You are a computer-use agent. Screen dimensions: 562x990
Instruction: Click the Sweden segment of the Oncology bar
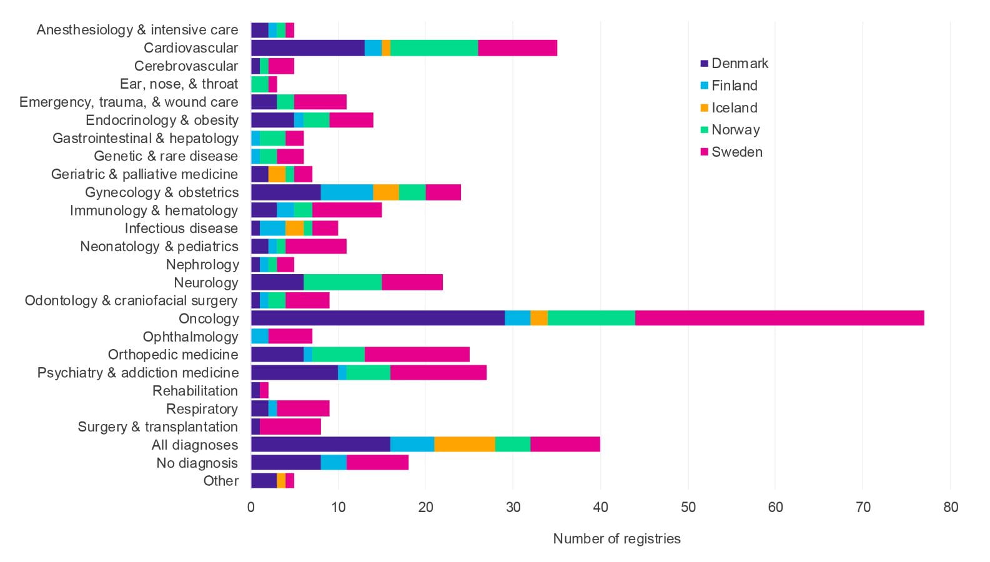(780, 318)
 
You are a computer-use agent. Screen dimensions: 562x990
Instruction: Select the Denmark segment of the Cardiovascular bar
(307, 48)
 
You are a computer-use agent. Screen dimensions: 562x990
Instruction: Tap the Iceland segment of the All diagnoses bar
(465, 445)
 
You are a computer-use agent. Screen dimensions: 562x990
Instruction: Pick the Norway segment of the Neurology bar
(342, 283)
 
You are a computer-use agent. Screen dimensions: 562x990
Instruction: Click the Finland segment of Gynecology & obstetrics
(347, 192)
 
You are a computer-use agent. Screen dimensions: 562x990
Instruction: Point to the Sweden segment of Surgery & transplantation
(290, 427)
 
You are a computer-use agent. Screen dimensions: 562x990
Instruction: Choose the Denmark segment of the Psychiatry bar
(294, 373)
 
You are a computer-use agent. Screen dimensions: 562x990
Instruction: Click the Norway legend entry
(735, 130)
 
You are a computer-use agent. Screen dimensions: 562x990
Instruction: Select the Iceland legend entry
(734, 108)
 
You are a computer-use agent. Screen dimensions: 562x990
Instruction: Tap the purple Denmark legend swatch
(705, 64)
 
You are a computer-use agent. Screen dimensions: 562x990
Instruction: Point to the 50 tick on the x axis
(688, 507)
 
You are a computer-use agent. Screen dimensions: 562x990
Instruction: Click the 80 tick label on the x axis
(950, 507)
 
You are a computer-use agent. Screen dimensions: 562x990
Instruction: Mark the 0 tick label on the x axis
(251, 507)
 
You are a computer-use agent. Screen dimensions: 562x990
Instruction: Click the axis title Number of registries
(616, 539)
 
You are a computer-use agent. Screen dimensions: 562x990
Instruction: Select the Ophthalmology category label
(191, 337)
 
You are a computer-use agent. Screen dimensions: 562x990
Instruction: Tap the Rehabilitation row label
(195, 391)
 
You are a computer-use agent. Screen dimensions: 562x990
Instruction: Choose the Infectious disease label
(181, 229)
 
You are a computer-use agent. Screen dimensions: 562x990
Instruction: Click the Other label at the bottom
(220, 481)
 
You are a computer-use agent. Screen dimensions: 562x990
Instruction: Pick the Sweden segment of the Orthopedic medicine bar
(417, 355)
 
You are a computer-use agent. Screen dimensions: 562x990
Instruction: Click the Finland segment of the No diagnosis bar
(334, 463)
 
